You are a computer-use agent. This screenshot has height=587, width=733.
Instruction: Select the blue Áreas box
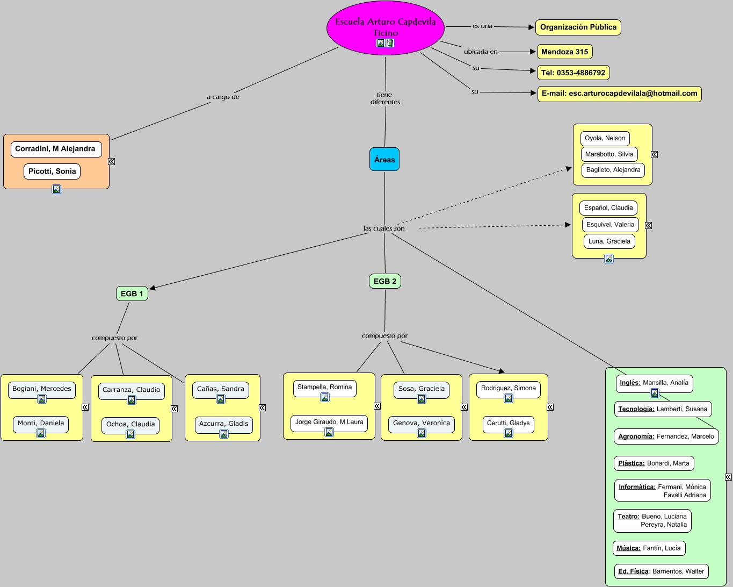pos(384,160)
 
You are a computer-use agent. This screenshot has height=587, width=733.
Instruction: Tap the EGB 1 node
pos(132,293)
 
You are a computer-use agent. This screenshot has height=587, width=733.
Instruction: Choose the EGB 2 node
pos(385,281)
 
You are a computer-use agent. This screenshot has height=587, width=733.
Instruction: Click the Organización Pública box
pos(578,27)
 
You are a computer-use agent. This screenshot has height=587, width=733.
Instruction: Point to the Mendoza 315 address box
pos(564,52)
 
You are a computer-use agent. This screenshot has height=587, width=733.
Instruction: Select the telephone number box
pos(573,73)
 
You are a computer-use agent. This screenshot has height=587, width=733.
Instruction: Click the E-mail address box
pos(619,94)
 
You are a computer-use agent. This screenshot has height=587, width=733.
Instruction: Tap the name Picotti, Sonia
pos(52,171)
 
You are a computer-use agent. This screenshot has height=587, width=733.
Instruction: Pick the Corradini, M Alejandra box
pos(56,149)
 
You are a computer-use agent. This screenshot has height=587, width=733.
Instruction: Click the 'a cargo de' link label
pos(223,97)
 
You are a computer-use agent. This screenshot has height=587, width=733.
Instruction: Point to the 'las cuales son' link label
pos(384,228)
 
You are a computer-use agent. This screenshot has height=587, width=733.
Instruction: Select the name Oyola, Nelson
pos(605,138)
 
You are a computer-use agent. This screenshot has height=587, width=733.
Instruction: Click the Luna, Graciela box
pos(609,241)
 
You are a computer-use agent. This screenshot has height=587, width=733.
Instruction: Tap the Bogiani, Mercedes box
pos(42,389)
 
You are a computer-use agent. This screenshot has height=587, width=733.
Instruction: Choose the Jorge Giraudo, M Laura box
pos(329,422)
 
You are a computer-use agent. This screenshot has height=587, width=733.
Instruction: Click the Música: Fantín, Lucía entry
pos(649,548)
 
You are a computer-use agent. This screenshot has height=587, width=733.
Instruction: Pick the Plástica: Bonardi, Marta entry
pos(654,463)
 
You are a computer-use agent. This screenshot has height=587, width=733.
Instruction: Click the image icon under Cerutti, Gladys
pos(509,433)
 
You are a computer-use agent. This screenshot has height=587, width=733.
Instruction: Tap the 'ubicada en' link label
pos(481,52)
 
